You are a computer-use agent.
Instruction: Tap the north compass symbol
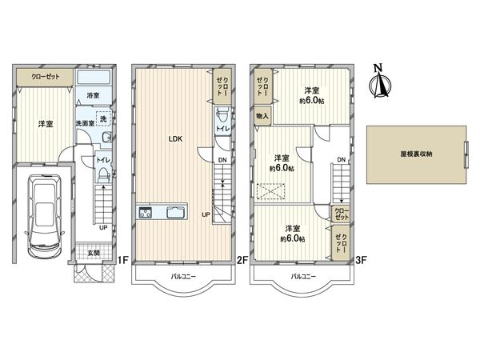pos(380,83)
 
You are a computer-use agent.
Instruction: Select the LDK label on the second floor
pos(175,138)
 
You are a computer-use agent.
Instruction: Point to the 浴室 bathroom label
pos(94,95)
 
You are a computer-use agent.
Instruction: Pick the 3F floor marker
pos(361,260)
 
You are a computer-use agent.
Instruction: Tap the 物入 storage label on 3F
pos(262,116)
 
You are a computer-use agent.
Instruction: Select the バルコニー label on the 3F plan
pos(302,277)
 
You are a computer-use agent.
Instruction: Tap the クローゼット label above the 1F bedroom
pos(43,78)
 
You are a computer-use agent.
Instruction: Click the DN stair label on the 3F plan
pos(341,160)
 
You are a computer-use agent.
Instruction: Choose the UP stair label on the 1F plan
pos(103,226)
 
